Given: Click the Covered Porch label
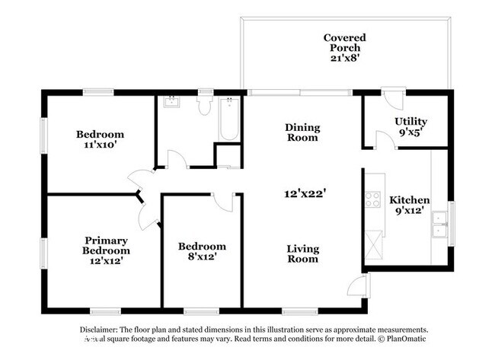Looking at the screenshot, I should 344,43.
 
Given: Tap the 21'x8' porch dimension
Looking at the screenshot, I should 344,59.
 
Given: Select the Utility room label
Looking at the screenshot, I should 410,121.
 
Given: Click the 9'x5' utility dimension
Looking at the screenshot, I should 410,132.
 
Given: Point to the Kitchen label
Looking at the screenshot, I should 410,200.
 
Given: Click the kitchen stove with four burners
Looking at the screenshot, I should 373,199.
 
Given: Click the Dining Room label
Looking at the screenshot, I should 302,132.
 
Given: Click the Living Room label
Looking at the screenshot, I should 302,253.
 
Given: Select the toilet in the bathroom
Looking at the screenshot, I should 204,105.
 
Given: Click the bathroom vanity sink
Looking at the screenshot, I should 170,102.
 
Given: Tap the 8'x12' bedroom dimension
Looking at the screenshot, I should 202,257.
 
